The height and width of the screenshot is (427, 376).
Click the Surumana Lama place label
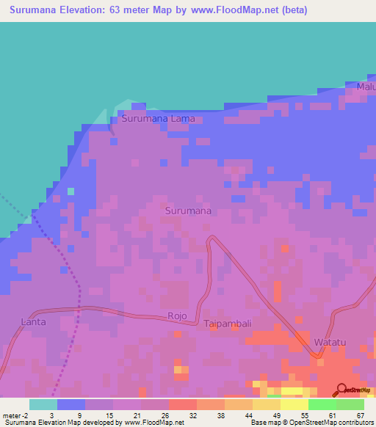point(158,118)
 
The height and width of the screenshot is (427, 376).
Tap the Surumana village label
point(188,211)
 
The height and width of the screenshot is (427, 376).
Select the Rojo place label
point(177,316)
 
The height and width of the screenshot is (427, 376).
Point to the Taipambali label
point(228,323)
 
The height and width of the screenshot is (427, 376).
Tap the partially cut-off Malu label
point(366,87)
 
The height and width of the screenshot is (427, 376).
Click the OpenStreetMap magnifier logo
point(341,390)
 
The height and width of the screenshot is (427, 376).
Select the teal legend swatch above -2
point(43,404)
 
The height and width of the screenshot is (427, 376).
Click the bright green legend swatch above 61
point(322,404)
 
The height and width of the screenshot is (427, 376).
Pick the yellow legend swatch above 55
point(294,404)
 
